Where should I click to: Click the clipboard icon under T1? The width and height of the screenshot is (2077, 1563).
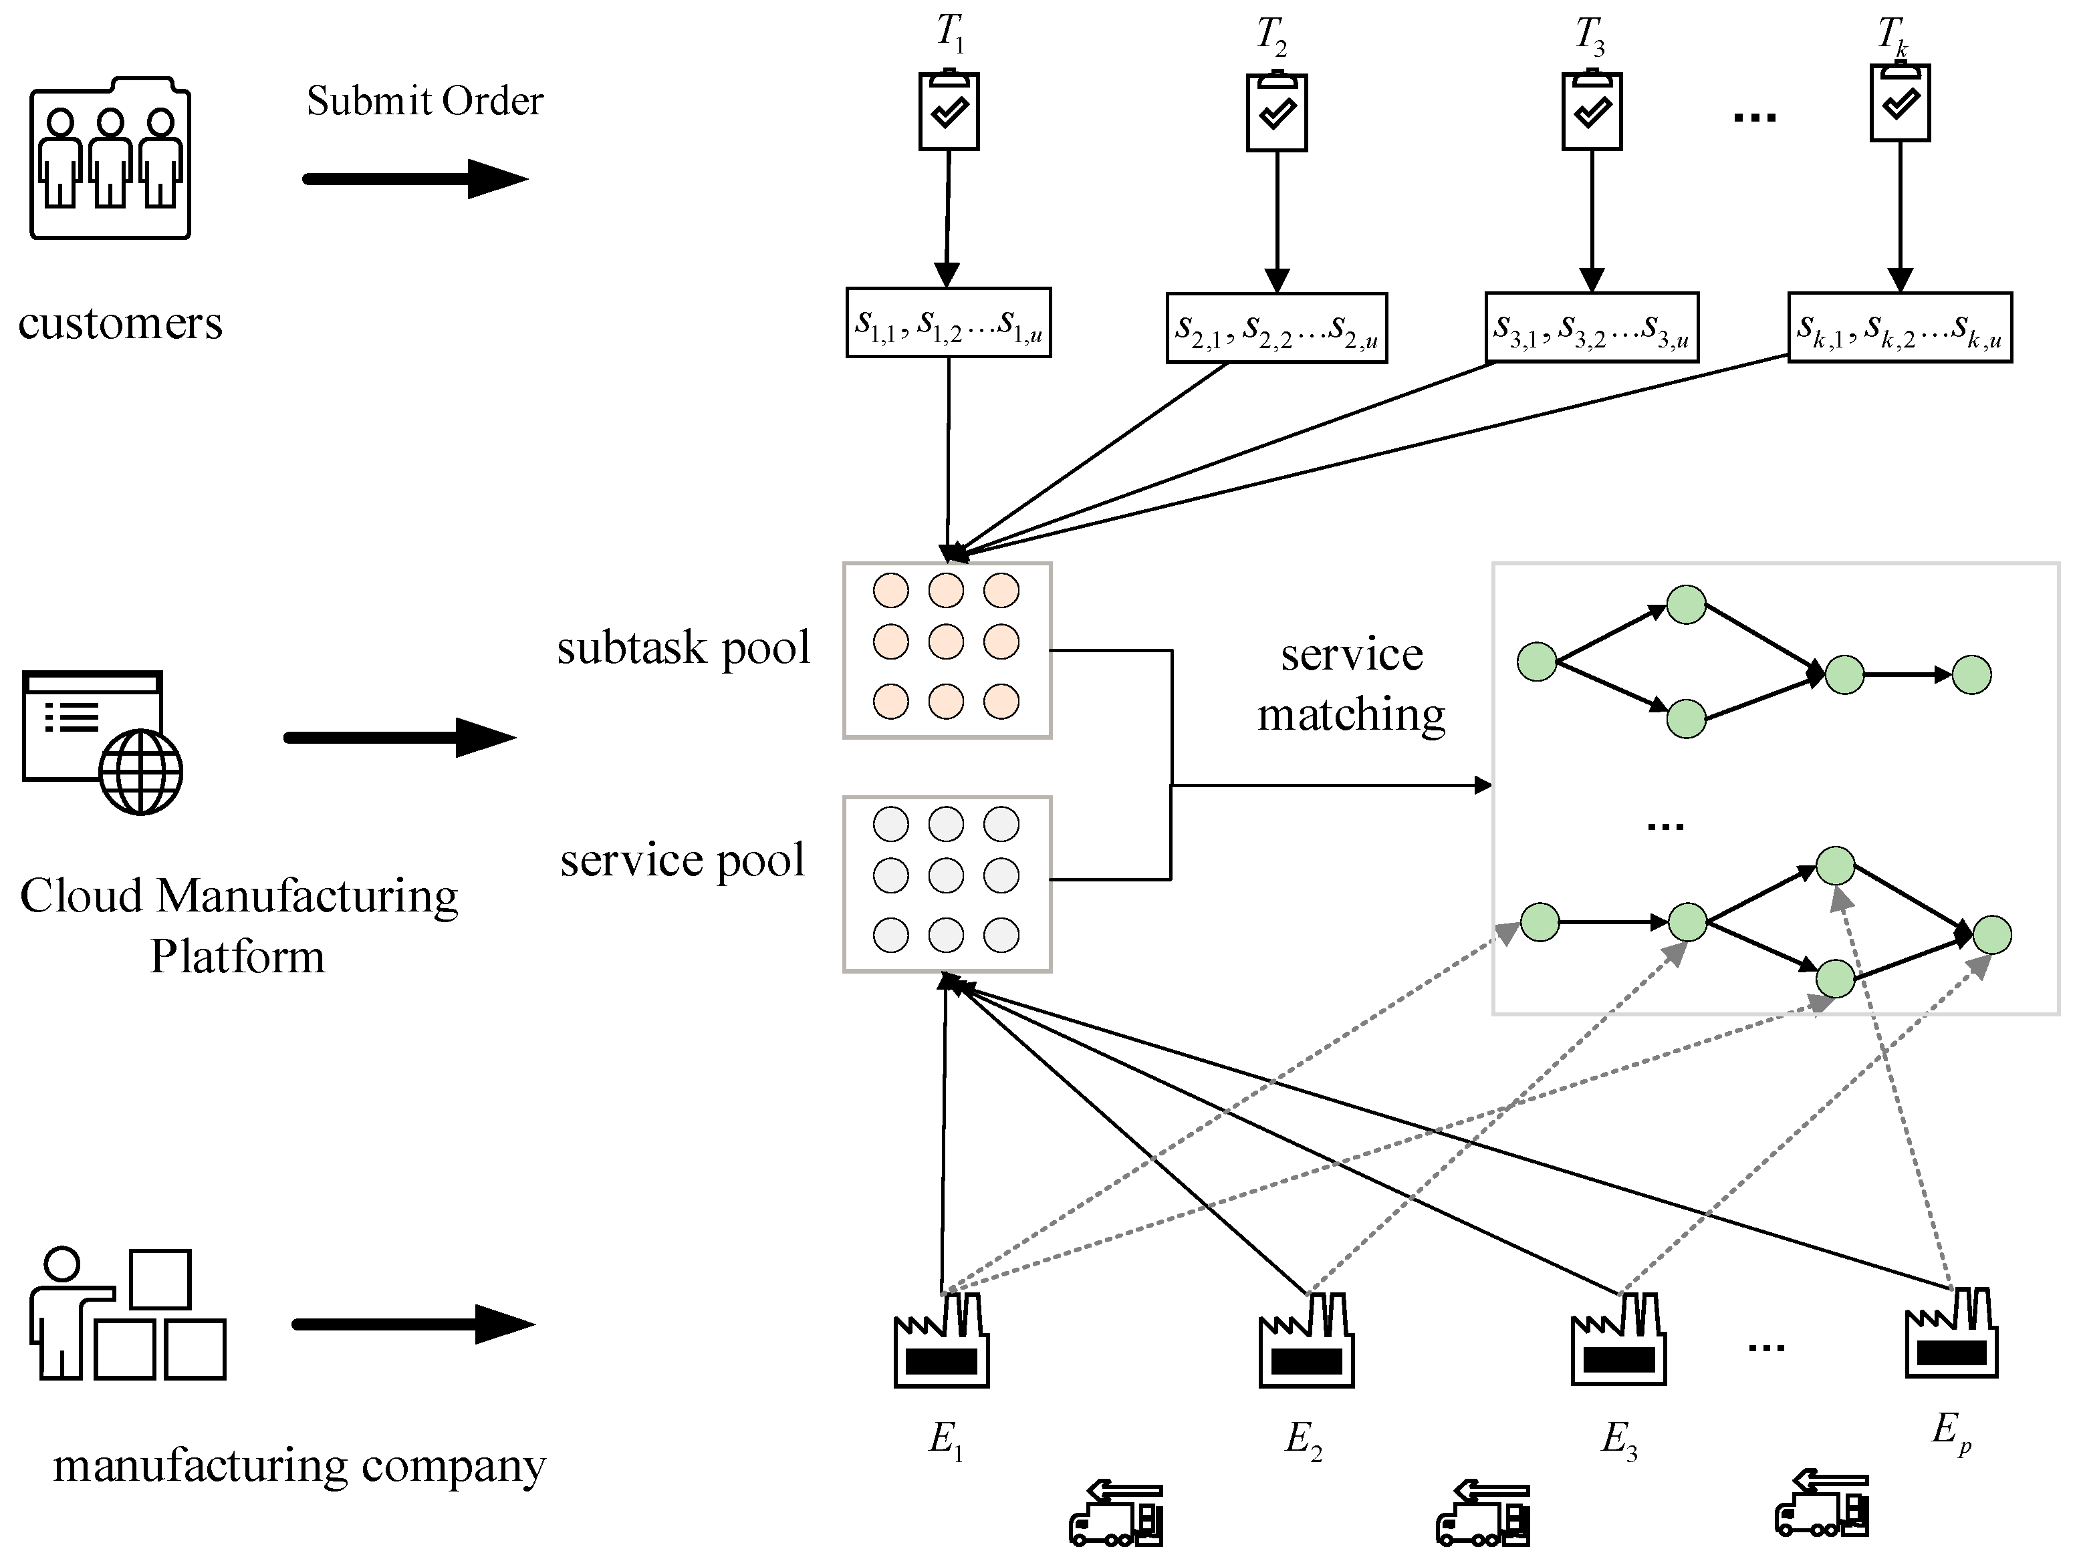tap(949, 111)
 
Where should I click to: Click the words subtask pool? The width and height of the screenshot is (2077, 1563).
tap(683, 648)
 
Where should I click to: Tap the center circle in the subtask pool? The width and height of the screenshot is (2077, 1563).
tap(945, 642)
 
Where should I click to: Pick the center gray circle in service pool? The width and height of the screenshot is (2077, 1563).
tap(945, 876)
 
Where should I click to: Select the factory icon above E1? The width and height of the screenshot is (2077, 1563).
tap(941, 1341)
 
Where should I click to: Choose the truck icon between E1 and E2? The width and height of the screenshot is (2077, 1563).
tap(1116, 1514)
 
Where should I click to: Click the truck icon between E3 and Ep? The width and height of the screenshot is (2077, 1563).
tap(1822, 1505)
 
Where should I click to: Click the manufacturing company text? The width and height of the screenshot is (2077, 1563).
tap(299, 1465)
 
